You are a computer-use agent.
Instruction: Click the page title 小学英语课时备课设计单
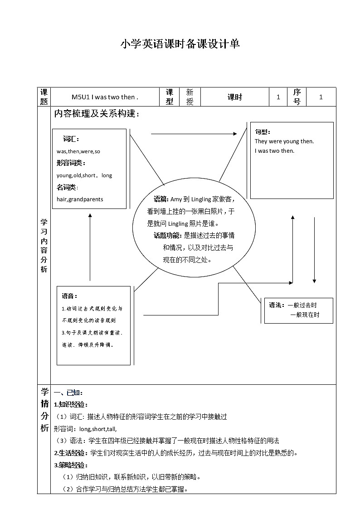click(180, 44)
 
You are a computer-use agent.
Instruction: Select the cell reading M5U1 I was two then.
click(105, 97)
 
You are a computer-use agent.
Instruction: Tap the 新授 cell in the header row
click(190, 97)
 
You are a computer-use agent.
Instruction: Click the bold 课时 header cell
click(234, 97)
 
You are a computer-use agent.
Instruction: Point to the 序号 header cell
click(297, 97)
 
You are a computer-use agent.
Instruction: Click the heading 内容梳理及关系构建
click(97, 114)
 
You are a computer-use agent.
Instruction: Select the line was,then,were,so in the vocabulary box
click(78, 151)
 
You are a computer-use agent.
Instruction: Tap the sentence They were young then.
click(284, 141)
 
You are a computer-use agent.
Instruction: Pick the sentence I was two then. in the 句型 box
click(274, 151)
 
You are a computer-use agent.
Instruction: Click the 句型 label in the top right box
click(263, 132)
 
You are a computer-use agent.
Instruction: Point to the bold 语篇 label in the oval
click(161, 199)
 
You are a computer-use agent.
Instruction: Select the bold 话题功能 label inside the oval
click(167, 236)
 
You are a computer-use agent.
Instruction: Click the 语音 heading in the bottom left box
click(69, 296)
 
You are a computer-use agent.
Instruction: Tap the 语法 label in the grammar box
click(276, 305)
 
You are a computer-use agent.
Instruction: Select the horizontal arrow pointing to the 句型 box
click(194, 134)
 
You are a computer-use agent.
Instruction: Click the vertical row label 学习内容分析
click(44, 245)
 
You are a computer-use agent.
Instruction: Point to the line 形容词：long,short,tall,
click(85, 429)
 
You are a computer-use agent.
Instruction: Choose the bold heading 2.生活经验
click(71, 452)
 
